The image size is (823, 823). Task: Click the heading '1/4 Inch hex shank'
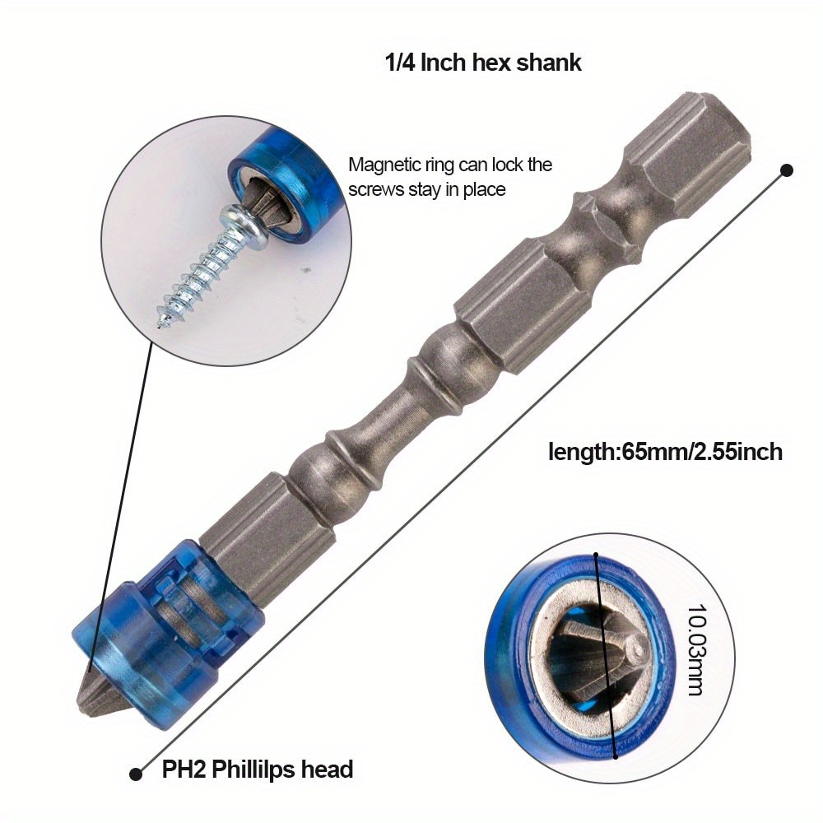click(483, 63)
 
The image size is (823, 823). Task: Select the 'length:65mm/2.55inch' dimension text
click(665, 451)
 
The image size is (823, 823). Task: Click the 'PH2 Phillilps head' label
click(257, 770)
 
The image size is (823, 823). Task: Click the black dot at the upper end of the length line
click(786, 170)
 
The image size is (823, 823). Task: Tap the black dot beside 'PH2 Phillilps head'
click(137, 773)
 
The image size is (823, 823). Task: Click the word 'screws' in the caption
click(375, 189)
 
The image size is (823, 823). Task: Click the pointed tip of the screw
click(162, 320)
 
